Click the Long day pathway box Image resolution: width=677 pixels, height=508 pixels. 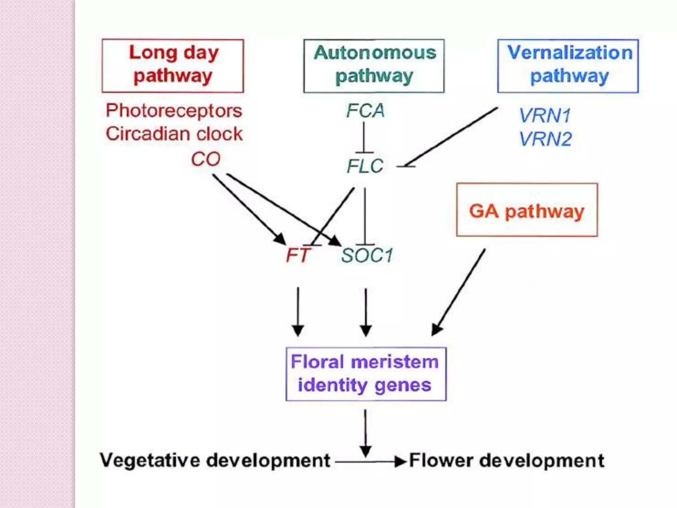(173, 65)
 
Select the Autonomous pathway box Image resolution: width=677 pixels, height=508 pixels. (374, 65)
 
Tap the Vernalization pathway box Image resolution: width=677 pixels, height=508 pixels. (568, 65)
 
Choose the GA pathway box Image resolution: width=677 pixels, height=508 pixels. (527, 210)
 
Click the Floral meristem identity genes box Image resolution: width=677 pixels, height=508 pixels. (366, 374)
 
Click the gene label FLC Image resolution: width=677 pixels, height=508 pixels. (365, 166)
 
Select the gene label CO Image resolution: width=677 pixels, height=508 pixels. (206, 159)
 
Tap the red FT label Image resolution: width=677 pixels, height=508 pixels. (298, 256)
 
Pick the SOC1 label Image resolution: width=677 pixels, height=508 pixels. (367, 256)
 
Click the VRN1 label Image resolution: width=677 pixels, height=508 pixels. (545, 115)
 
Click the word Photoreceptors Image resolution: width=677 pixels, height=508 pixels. (174, 111)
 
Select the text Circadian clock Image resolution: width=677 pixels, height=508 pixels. (174, 134)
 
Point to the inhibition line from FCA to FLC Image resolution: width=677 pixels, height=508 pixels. (364, 137)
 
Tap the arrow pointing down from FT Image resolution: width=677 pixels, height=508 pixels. (298, 311)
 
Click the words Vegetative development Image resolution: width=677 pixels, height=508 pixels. (215, 460)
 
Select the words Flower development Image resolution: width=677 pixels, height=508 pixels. (506, 460)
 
